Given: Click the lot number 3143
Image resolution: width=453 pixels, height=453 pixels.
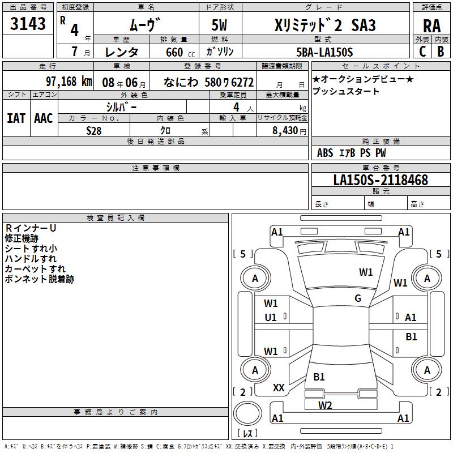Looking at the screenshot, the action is point(28,24).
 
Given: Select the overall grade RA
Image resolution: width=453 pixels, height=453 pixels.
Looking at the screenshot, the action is point(431,26).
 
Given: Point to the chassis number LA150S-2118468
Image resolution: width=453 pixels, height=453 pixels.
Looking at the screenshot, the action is point(381,181).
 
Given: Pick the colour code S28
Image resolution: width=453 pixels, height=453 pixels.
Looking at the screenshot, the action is point(94,130).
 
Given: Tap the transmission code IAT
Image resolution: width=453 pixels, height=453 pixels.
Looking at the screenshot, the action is point(16,118).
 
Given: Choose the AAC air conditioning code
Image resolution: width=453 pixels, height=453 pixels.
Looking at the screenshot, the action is point(43,118).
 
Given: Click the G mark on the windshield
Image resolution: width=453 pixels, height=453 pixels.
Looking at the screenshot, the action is point(358,298).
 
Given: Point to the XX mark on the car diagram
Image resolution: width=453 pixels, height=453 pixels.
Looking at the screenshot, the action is point(279,388).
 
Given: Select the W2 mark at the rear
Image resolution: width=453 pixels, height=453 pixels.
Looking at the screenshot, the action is point(325,405).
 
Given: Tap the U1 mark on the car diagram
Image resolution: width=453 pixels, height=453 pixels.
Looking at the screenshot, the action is point(271,318).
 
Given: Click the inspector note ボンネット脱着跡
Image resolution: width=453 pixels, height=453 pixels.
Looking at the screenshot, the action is point(39,279).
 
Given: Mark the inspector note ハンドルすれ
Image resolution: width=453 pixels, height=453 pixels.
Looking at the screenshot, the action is point(31,259).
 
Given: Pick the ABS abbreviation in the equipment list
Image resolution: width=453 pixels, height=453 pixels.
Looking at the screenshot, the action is point(325,152).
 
